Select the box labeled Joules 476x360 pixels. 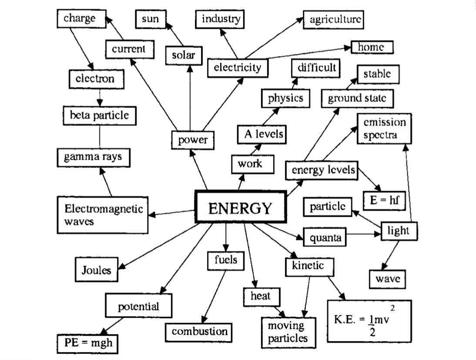coord(96,269)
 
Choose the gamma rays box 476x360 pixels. coord(94,157)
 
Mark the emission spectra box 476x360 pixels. coord(384,128)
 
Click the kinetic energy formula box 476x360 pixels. coord(369,321)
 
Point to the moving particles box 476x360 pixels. coord(288,331)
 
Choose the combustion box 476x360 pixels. coord(199,332)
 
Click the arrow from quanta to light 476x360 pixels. coord(364,235)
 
